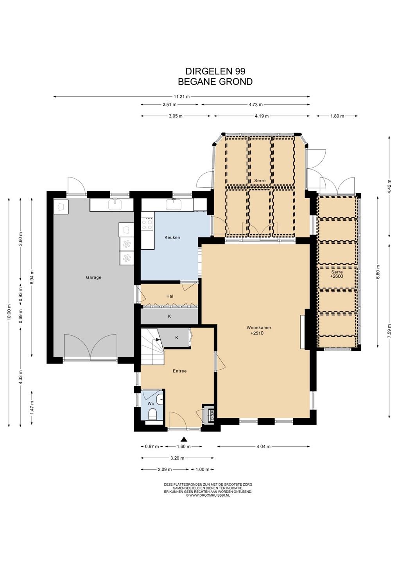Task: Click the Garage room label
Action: coord(93,277)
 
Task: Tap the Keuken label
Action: coord(172,237)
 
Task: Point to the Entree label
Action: coord(180,371)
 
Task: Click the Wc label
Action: coord(151,403)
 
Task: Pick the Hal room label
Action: coord(170,296)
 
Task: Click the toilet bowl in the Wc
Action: coord(152,415)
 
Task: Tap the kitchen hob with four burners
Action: coord(147,224)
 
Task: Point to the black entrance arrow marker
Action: coord(185,439)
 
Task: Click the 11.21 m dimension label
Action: coord(181,96)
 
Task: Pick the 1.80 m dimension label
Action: coord(337,116)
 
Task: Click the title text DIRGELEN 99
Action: coord(215,71)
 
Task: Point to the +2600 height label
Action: coord(337,276)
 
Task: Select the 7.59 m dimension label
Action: coord(389,331)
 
